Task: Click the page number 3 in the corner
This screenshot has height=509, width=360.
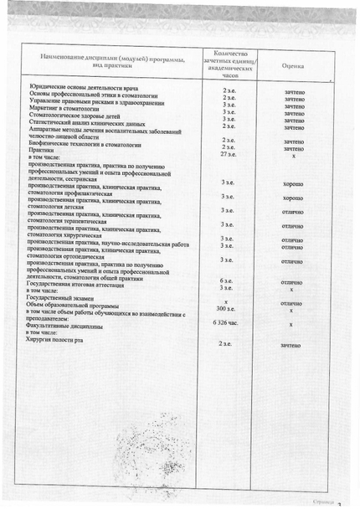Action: pos(339,503)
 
